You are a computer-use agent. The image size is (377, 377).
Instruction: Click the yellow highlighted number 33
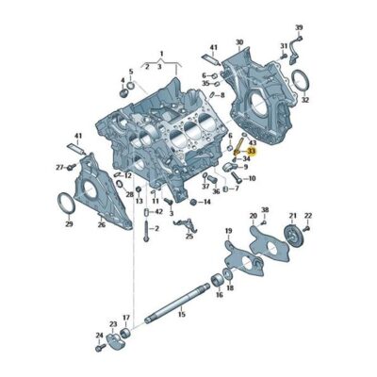point(252,150)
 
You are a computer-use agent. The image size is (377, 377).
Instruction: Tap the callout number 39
point(299,27)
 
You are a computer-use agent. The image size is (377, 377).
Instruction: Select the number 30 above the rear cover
point(238,42)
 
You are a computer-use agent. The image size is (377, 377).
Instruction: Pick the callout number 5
point(129,71)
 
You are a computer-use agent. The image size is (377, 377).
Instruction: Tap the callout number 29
point(68,224)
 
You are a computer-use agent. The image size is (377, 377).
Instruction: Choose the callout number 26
point(101,224)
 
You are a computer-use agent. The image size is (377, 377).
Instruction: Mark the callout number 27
point(58,167)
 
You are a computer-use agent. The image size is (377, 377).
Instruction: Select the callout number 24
point(99,336)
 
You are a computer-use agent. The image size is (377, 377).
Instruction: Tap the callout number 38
point(264,209)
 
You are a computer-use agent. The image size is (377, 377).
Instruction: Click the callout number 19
point(228,231)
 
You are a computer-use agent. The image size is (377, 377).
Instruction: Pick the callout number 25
point(188,237)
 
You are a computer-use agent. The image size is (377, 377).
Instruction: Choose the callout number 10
point(248,177)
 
